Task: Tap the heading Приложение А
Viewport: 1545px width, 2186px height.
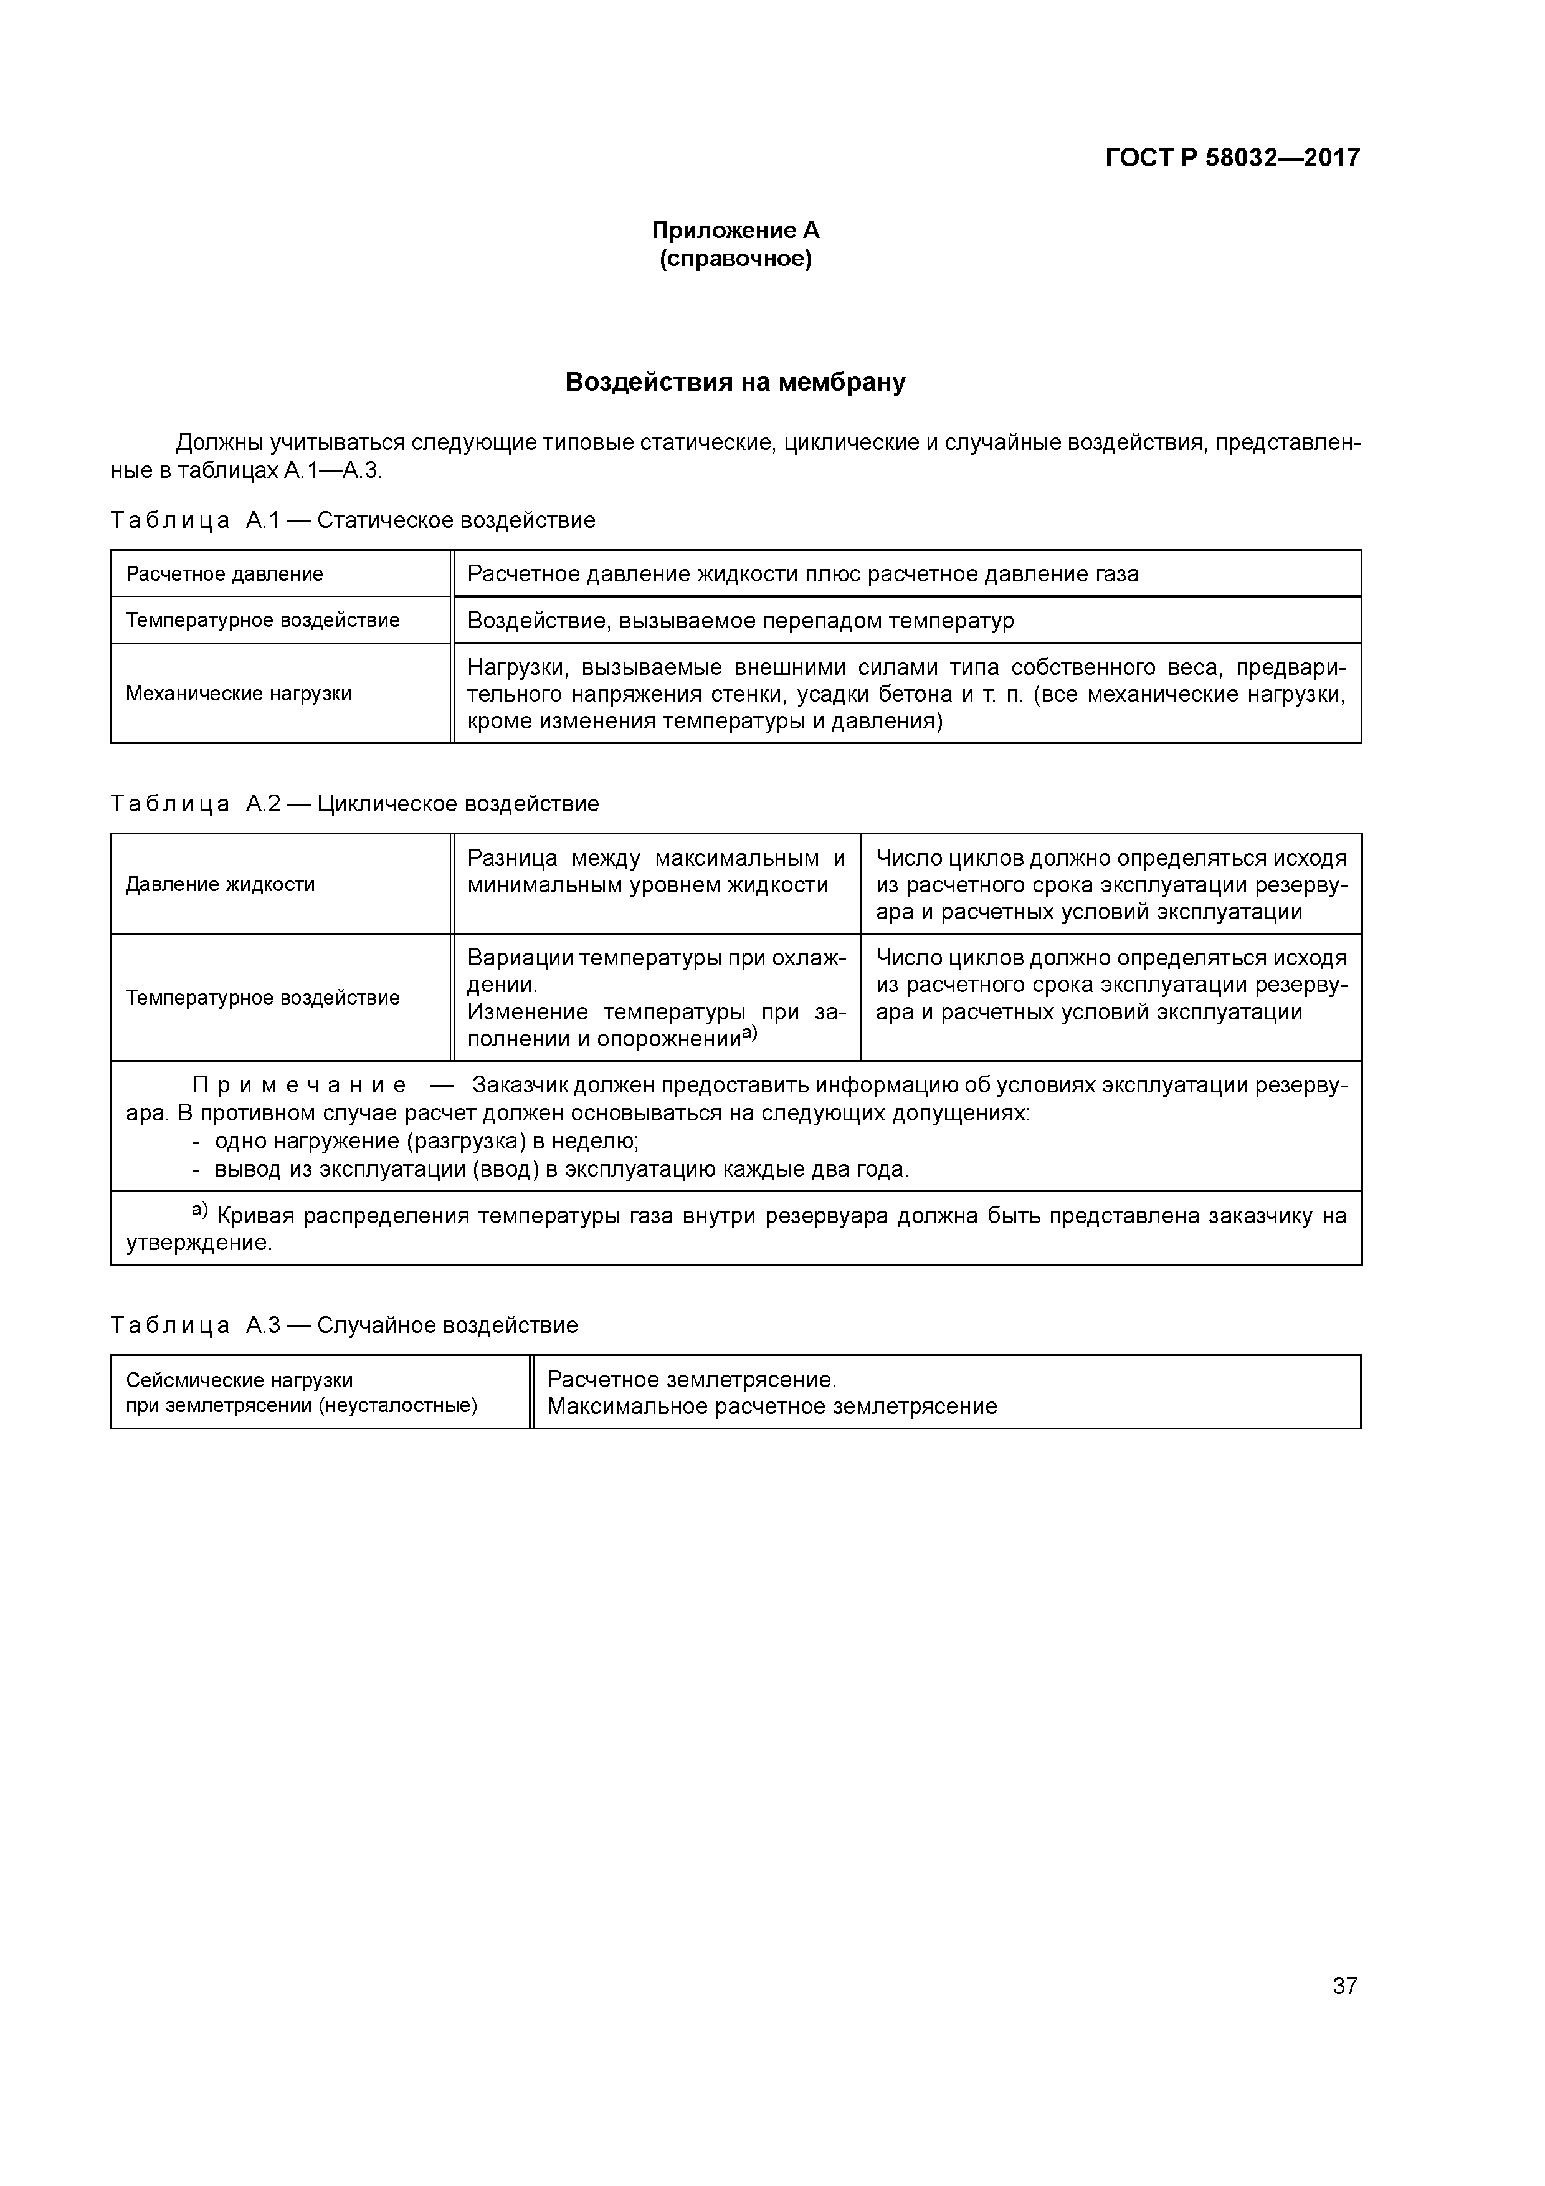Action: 735,231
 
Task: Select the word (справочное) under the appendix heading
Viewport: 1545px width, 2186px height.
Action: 735,259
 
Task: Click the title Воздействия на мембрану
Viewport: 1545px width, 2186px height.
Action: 735,382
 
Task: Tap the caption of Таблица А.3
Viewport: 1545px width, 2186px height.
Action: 344,1325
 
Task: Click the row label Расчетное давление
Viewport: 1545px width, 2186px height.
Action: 225,574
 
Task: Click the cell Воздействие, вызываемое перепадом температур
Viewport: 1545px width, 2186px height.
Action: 741,621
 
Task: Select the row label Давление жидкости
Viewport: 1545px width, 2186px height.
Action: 221,884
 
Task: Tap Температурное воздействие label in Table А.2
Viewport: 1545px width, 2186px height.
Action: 263,998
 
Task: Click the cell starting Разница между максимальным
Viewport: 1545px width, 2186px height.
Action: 656,871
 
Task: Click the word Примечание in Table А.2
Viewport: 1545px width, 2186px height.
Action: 299,1086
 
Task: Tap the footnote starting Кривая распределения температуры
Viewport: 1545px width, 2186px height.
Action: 735,1229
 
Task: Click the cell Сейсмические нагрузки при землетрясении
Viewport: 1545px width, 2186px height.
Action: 301,1393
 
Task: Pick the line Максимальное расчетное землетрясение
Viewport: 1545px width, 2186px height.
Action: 772,1406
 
